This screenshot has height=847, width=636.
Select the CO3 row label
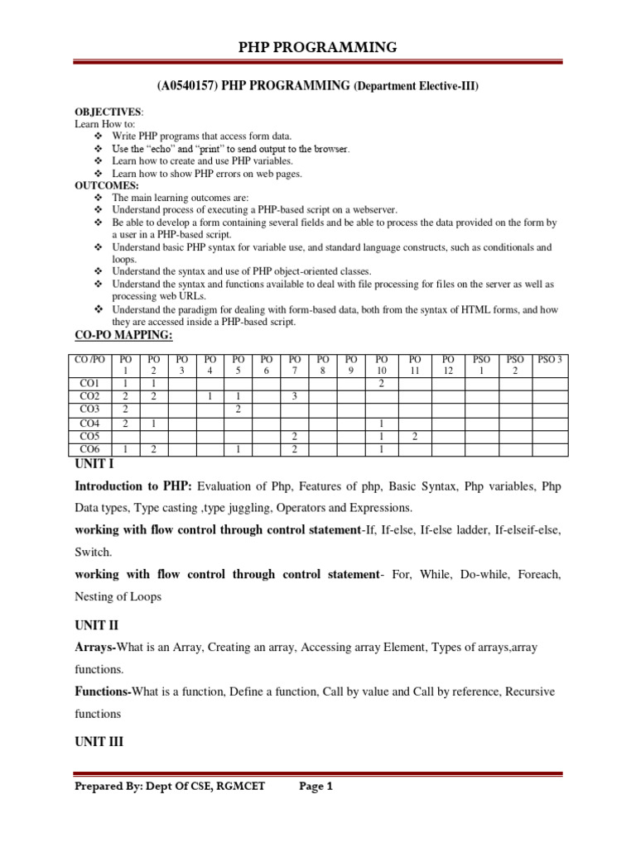[89, 409]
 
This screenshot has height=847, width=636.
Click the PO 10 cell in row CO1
[382, 385]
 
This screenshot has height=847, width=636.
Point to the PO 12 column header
[448, 366]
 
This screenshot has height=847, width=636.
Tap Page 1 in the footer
[315, 787]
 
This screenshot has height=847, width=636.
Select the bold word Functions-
[104, 690]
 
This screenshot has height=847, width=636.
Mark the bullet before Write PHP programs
[99, 136]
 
